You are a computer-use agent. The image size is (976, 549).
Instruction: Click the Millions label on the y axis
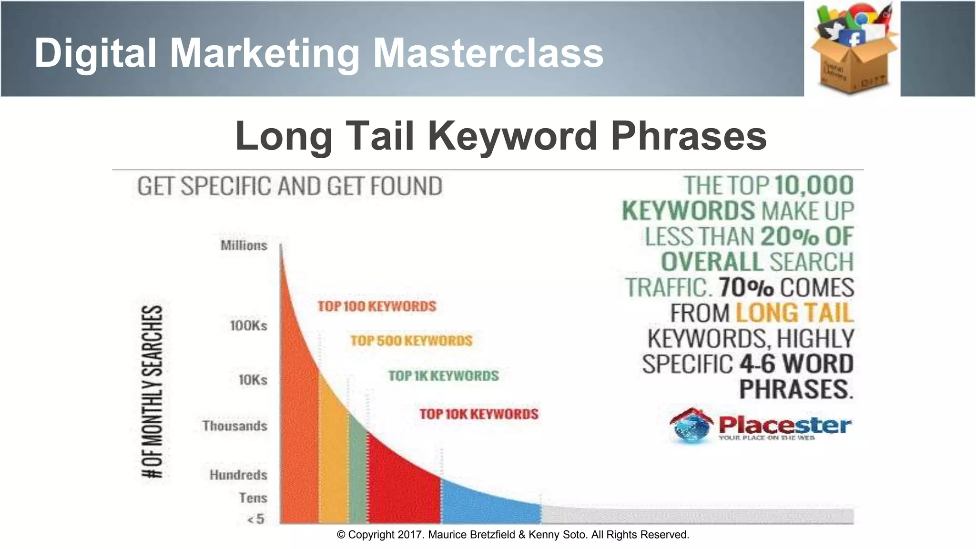click(x=244, y=245)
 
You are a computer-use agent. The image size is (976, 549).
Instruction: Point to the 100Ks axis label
click(x=248, y=326)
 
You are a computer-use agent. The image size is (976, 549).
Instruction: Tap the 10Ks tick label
click(x=253, y=380)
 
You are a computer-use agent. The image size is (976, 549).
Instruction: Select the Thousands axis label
click(x=234, y=426)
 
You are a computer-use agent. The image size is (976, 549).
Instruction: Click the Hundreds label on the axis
click(x=238, y=475)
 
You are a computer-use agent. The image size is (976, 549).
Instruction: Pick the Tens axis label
click(x=253, y=498)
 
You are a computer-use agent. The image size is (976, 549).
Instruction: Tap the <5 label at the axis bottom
click(x=256, y=518)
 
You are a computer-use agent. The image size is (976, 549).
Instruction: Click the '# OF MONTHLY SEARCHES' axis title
click(x=153, y=391)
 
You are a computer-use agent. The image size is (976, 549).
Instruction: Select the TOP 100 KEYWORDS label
click(x=377, y=306)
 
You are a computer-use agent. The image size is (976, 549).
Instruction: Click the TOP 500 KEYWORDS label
click(x=411, y=341)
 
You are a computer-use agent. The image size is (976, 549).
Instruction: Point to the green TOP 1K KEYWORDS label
click(x=444, y=376)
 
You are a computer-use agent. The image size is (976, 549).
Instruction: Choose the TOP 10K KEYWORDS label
click(x=479, y=414)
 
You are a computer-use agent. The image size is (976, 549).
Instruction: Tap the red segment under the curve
click(x=403, y=486)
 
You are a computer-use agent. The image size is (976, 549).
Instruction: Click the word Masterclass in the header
click(x=488, y=53)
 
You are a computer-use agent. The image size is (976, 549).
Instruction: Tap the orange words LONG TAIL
click(x=794, y=313)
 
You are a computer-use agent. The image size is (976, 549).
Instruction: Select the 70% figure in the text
click(x=746, y=287)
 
